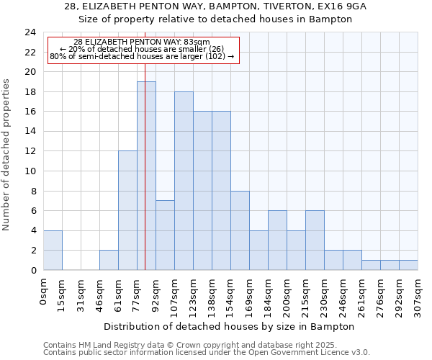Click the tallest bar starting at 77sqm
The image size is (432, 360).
click(146, 176)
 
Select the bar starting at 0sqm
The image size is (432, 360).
click(53, 251)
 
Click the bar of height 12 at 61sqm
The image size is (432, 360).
click(127, 210)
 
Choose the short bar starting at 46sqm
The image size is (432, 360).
click(109, 260)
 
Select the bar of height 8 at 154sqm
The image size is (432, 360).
click(240, 230)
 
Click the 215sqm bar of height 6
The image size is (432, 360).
click(315, 240)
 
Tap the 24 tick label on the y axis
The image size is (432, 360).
click(30, 32)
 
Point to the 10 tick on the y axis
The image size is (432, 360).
click(30, 171)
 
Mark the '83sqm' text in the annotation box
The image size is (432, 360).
click(195, 42)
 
